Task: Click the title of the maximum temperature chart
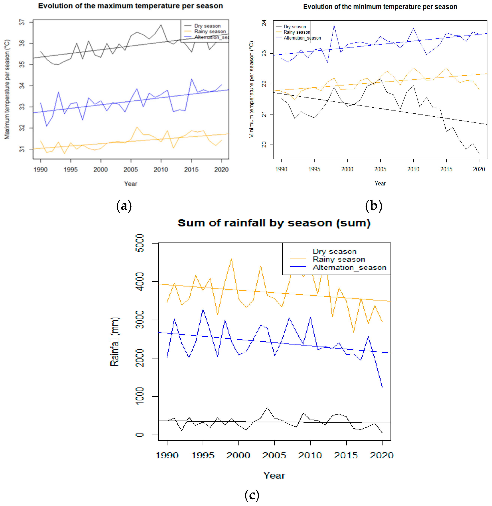tap(131, 6)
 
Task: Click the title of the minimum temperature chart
tap(380, 7)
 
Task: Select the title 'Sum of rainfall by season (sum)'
tap(274, 223)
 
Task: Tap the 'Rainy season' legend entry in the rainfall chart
tap(339, 259)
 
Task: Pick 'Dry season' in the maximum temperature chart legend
tap(207, 26)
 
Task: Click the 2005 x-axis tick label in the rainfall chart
tap(274, 455)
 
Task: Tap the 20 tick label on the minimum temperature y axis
tap(264, 145)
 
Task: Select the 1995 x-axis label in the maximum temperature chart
tap(71, 170)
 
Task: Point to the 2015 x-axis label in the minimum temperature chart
tap(446, 169)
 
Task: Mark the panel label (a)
tap(124, 206)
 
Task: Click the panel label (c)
tap(252, 495)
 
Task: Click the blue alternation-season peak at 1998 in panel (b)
tap(334, 25)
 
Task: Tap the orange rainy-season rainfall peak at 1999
tap(231, 259)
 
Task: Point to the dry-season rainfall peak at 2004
tap(267, 408)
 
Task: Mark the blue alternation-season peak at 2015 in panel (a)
tap(192, 79)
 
